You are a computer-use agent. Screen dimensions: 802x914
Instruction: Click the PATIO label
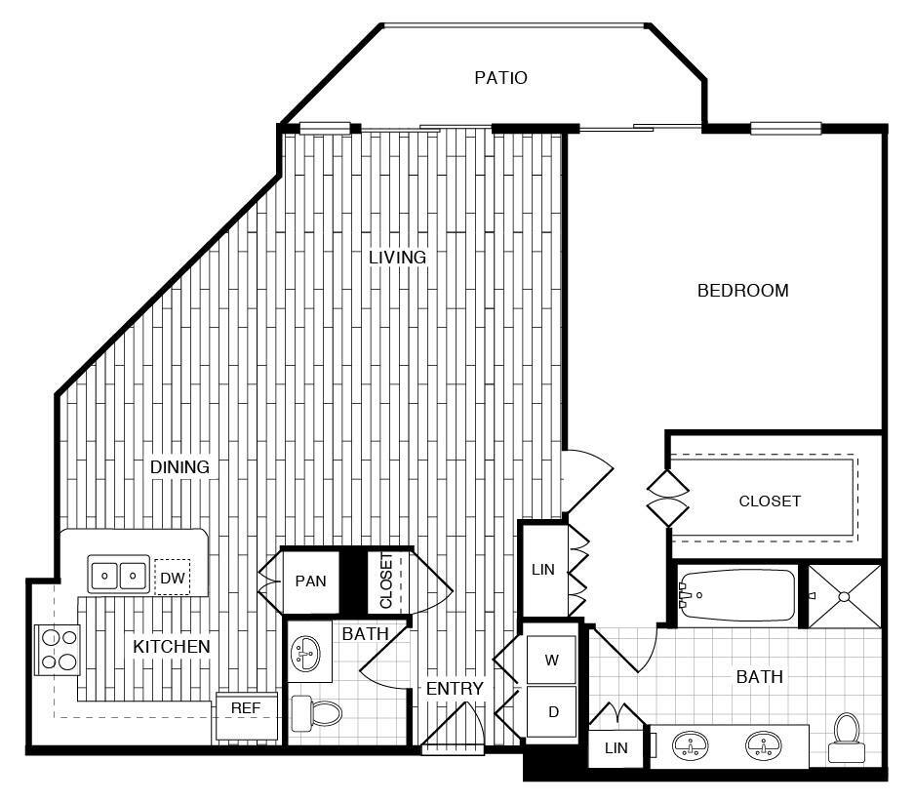point(500,77)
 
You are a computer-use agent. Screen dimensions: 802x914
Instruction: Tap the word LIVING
point(397,258)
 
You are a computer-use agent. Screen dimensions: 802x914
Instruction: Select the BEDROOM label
point(742,291)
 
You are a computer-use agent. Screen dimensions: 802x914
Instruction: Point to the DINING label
point(179,467)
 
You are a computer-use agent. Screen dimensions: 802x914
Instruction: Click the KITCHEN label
point(172,646)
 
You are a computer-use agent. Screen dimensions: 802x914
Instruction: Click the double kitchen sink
point(120,575)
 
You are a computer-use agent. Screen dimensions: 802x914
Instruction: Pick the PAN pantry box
point(310,581)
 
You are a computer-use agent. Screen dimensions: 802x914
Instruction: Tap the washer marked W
point(552,661)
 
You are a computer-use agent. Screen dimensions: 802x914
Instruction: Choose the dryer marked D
point(552,712)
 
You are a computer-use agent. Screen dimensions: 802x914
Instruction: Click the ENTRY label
point(455,689)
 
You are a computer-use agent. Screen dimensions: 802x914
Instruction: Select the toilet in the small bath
point(315,714)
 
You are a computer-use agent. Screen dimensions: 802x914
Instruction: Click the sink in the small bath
point(308,651)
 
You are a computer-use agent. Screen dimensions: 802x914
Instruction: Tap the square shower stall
point(843,593)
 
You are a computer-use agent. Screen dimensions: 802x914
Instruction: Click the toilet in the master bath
point(844,737)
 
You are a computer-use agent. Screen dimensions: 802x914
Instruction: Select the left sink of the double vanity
point(691,746)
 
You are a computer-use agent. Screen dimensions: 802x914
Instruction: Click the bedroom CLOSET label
point(770,501)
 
